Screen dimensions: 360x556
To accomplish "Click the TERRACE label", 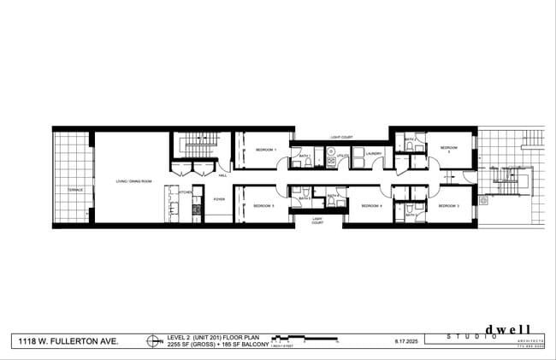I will [76, 190].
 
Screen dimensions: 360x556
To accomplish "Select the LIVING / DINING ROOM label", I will [133, 181].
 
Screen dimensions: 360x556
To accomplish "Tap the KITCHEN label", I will [182, 193].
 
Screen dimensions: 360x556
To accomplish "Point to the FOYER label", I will [219, 199].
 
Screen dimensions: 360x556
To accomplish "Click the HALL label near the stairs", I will [222, 175].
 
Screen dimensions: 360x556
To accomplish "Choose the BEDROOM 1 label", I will [265, 150].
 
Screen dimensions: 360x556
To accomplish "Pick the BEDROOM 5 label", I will [263, 206].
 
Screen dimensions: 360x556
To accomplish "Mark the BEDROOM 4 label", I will [370, 206].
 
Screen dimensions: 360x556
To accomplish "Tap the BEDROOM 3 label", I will [449, 206].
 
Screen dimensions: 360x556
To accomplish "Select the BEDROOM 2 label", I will [449, 149].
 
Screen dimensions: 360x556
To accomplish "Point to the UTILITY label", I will [341, 156].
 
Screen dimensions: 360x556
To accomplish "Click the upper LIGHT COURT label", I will [341, 137].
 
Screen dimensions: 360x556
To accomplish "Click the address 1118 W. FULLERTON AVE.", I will [69, 341].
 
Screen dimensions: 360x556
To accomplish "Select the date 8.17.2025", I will [406, 341].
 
